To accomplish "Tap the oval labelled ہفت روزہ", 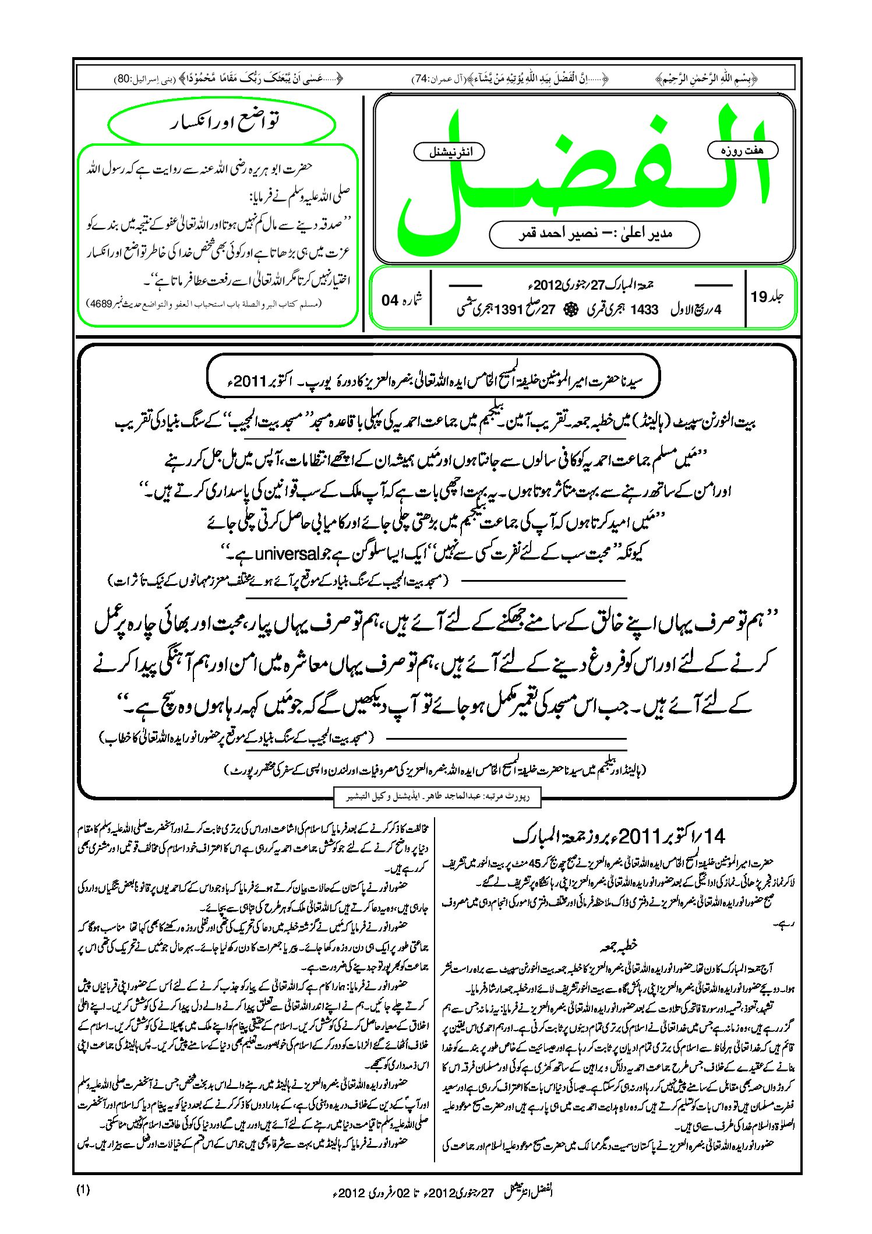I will (x=743, y=150).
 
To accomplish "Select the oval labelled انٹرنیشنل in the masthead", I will (x=449, y=152).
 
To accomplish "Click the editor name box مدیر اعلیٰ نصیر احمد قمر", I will (x=594, y=234).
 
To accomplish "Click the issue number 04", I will (x=390, y=300).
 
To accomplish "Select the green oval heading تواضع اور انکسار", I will (x=222, y=123).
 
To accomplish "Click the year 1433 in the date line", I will (x=644, y=310).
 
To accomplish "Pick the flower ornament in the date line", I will (x=569, y=310).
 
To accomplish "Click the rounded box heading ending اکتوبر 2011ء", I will (x=433, y=381).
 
